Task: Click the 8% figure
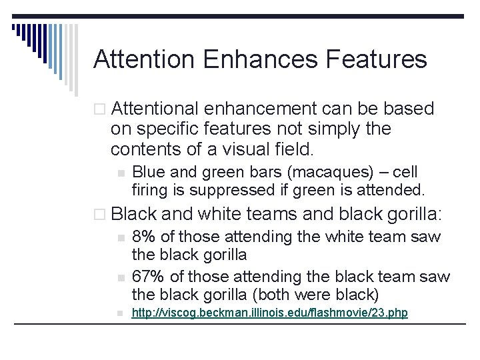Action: (144, 237)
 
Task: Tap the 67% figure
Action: (148, 276)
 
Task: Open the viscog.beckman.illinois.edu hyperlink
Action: (269, 313)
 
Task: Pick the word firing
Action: (150, 190)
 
